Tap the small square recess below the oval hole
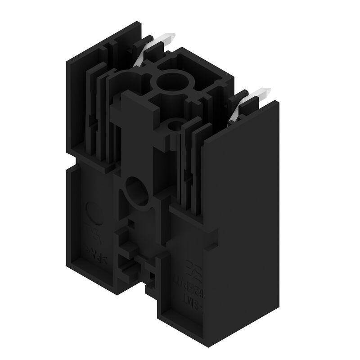130,222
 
